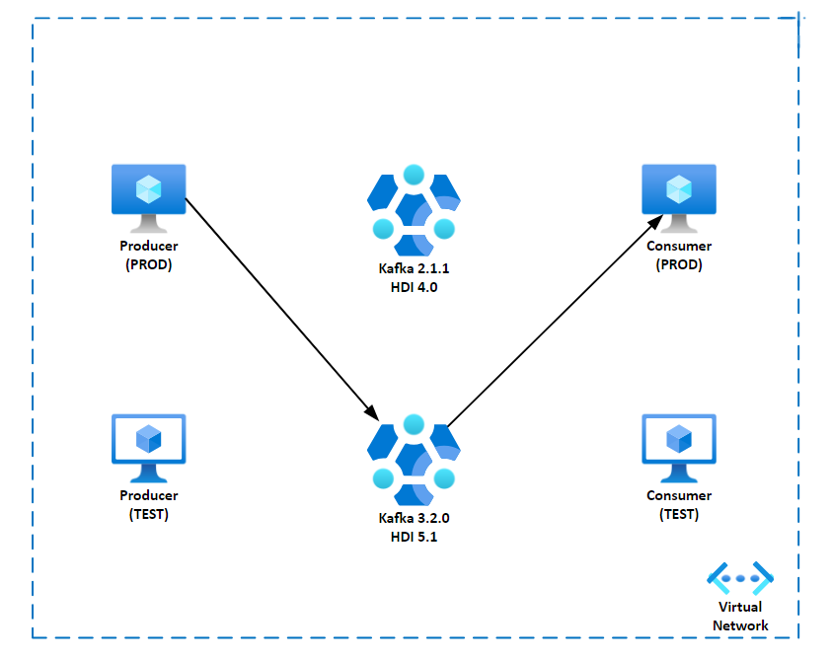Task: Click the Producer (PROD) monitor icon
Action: tap(148, 191)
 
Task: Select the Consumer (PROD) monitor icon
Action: tap(679, 191)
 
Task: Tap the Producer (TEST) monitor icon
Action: tap(148, 441)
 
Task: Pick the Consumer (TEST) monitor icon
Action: tap(679, 441)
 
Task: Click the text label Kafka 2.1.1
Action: tap(414, 269)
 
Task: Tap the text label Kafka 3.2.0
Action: tap(414, 518)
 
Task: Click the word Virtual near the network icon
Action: tap(740, 607)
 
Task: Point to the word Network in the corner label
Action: tap(740, 624)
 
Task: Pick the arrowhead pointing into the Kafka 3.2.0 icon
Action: tap(371, 410)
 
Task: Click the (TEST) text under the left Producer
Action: tap(148, 514)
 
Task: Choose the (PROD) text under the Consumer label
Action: tap(679, 264)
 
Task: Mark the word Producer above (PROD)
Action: tap(148, 246)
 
